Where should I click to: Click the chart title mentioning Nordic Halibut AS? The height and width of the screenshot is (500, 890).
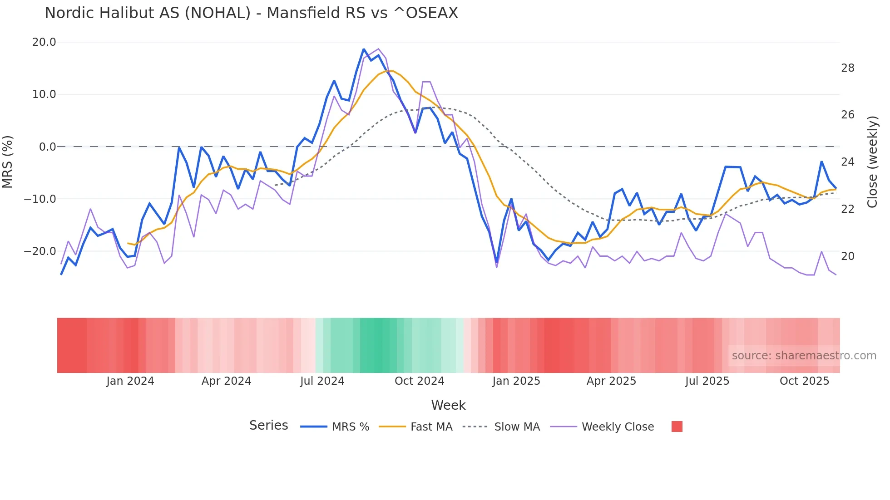click(251, 13)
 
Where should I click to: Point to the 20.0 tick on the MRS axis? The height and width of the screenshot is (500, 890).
click(44, 42)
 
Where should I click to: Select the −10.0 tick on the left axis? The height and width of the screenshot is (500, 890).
click(40, 199)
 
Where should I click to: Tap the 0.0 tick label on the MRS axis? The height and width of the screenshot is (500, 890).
click(47, 147)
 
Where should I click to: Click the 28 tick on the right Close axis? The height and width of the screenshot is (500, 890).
click(847, 68)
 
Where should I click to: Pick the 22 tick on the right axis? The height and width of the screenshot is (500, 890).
click(847, 209)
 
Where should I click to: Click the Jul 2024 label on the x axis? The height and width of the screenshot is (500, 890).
click(322, 381)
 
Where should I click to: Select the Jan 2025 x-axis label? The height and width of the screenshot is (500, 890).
click(516, 381)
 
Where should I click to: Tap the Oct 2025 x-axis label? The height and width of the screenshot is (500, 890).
click(804, 381)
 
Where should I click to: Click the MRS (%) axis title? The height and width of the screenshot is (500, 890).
click(8, 162)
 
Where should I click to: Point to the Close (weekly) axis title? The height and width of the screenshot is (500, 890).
click(872, 162)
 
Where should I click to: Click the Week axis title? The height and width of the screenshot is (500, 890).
click(448, 405)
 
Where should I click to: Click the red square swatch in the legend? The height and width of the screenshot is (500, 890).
click(677, 426)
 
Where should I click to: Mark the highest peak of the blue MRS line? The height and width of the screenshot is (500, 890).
click(364, 49)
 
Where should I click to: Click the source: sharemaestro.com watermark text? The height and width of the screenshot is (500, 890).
click(804, 356)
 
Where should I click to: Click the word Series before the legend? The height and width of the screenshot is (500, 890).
click(268, 426)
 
